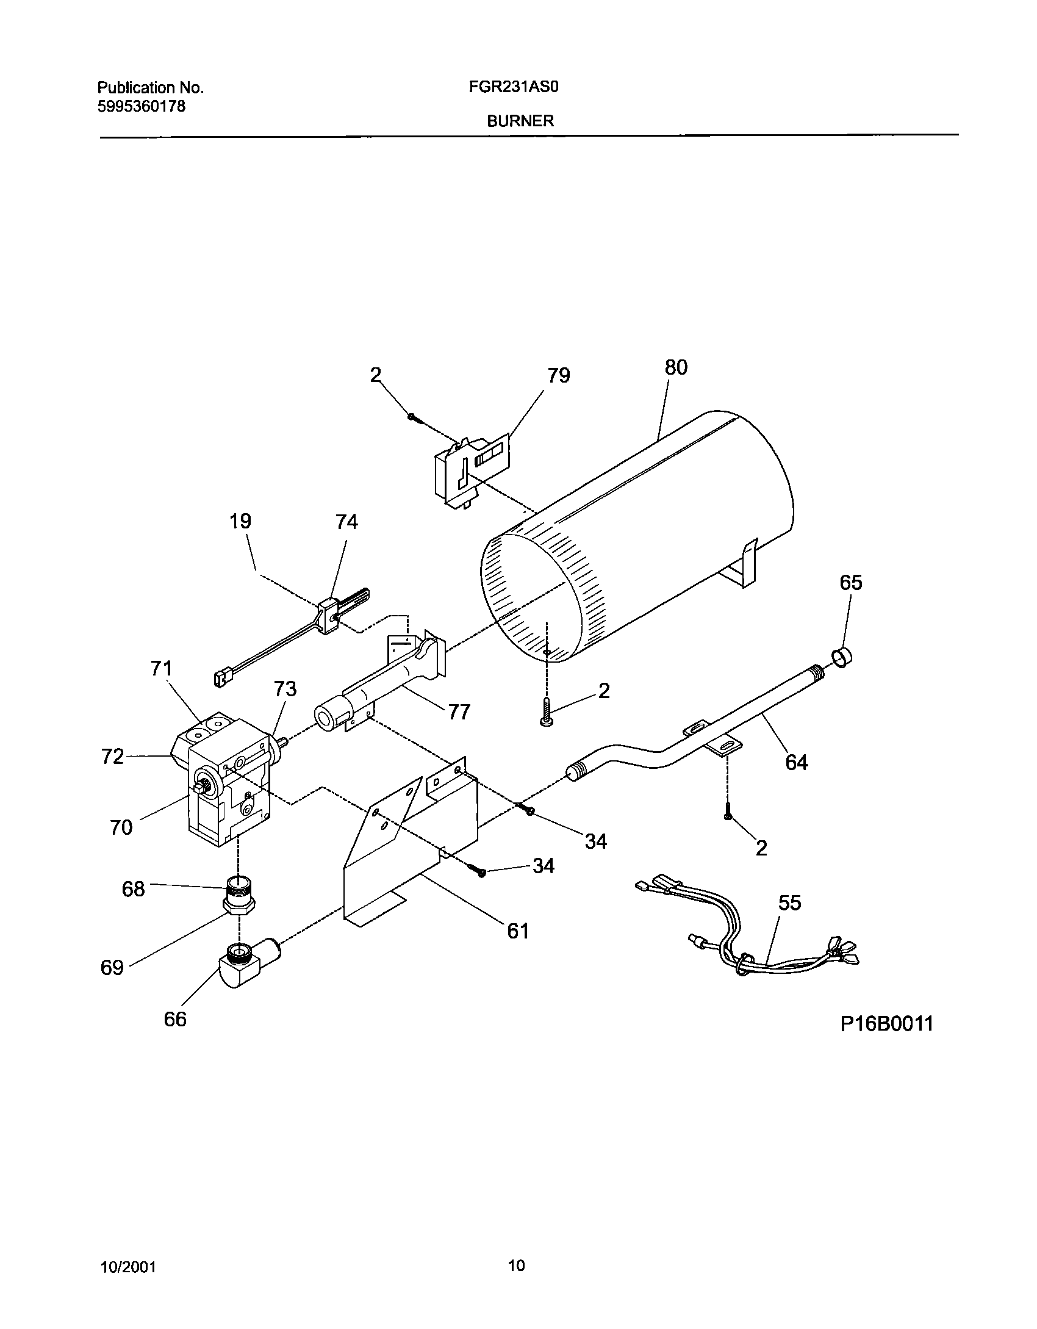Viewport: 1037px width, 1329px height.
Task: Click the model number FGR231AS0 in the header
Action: (x=514, y=87)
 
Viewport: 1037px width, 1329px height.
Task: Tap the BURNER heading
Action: (x=520, y=121)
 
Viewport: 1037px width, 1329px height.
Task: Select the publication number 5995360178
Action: (x=141, y=107)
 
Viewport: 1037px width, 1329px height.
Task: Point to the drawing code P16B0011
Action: (x=886, y=1023)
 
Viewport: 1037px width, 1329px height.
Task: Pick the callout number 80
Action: (x=676, y=367)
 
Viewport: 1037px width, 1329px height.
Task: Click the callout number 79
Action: (x=558, y=375)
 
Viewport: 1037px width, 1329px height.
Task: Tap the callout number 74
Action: (x=346, y=522)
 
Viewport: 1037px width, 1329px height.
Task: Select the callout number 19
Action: (x=240, y=521)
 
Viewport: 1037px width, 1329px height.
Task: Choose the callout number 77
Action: (x=459, y=712)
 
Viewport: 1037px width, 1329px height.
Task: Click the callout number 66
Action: (x=174, y=1019)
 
